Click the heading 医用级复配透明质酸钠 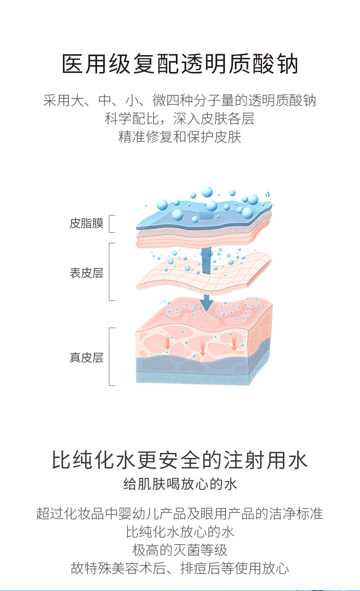[180, 64]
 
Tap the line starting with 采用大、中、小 [180, 100]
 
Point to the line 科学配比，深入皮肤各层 [180, 118]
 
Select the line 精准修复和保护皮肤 [180, 137]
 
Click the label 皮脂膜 [87, 223]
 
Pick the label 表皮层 [87, 273]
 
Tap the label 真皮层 [87, 358]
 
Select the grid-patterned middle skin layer [205, 273]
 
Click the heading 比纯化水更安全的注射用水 [180, 460]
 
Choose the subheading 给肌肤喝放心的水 [180, 483]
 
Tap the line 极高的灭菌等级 [180, 550]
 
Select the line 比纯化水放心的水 [180, 531]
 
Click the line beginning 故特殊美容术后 [180, 568]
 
